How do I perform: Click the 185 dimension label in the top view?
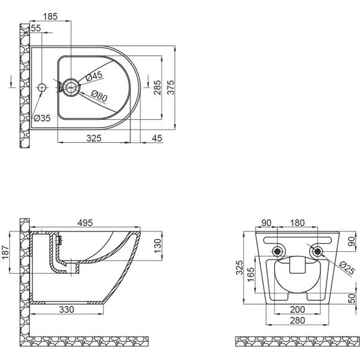coord(50,17)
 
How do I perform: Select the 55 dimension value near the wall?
coord(36,28)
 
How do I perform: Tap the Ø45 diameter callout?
coord(94,76)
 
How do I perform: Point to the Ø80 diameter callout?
coord(99,96)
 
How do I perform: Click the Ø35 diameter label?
coord(42,118)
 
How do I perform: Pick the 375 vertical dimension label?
coord(171,88)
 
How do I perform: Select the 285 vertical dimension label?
coord(158,88)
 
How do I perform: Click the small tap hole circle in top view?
coord(42,88)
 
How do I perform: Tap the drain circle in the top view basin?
coord(71,88)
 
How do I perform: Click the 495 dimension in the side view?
coord(85,223)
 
